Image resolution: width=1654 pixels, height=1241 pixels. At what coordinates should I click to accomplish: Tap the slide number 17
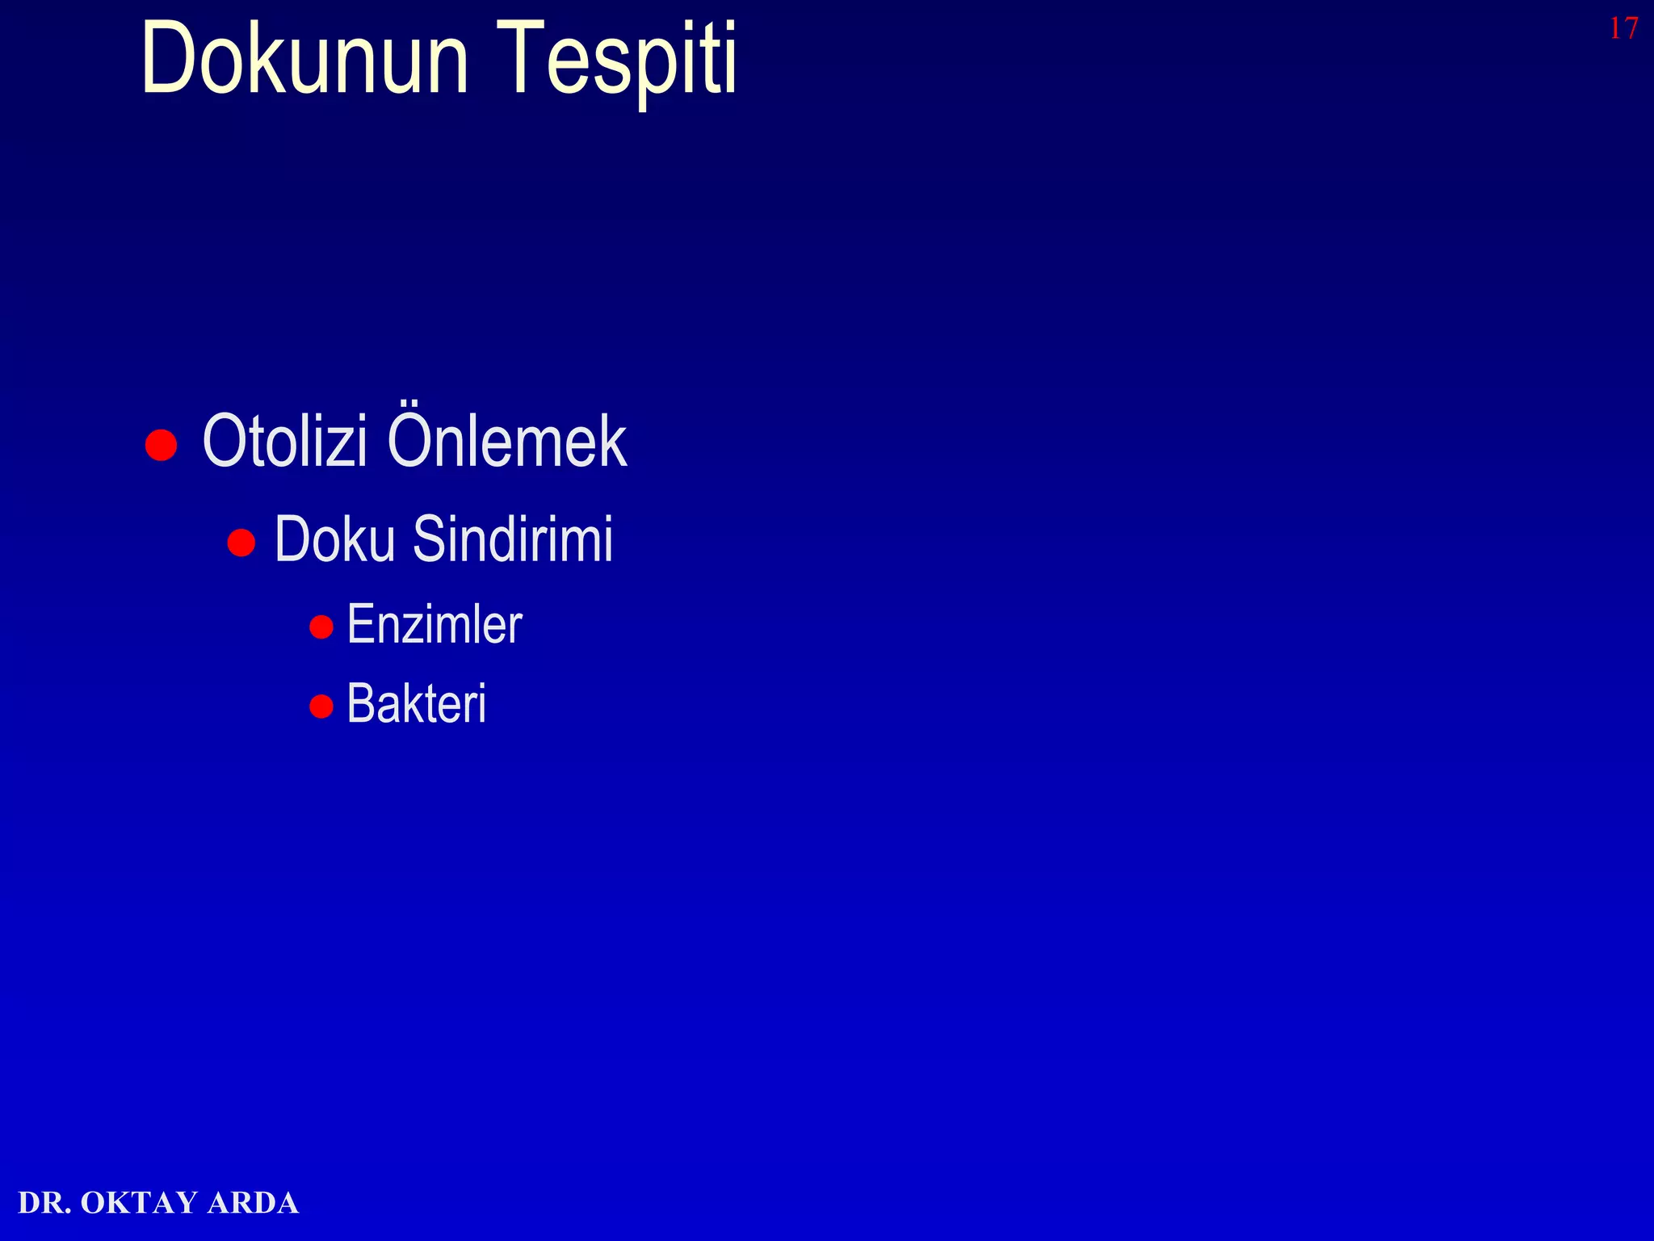click(x=1623, y=29)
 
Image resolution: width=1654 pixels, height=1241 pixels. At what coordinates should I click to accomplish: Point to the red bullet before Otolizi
click(x=161, y=445)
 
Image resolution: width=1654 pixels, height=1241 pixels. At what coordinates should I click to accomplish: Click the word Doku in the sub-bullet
click(x=334, y=539)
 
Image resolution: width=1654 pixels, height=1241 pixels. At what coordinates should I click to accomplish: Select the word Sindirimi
click(x=513, y=539)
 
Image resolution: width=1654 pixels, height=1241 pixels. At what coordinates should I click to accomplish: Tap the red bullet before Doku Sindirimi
click(x=241, y=543)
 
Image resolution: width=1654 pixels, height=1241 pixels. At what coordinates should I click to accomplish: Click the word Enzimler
click(x=434, y=625)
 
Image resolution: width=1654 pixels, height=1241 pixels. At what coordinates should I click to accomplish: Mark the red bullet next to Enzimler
click(x=321, y=627)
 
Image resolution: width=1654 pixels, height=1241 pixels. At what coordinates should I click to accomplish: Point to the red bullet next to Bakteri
click(x=321, y=706)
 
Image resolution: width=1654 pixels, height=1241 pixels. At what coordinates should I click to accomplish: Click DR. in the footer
click(x=44, y=1203)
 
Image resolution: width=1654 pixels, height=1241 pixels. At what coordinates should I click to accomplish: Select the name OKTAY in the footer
click(x=139, y=1203)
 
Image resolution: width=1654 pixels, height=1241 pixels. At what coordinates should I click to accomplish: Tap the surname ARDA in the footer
click(x=253, y=1203)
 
